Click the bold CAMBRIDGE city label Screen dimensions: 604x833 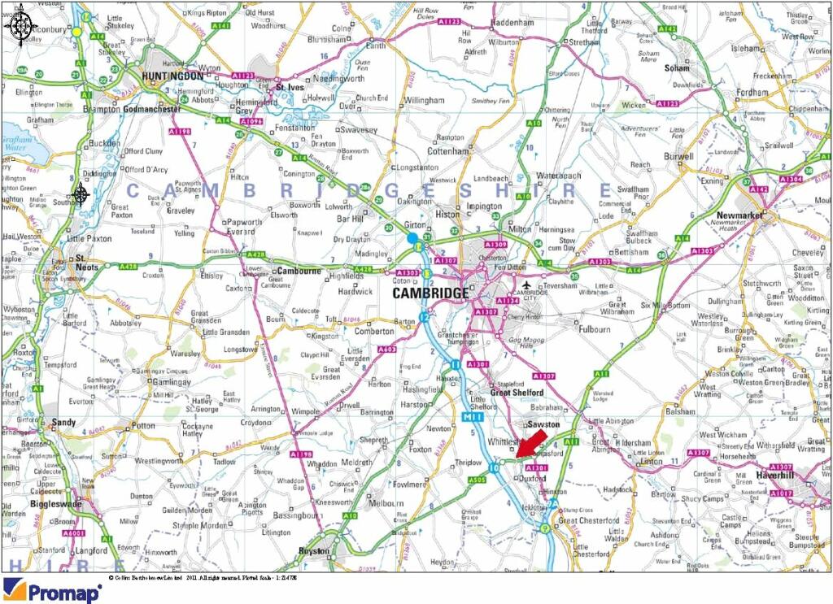(x=430, y=293)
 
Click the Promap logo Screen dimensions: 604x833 (x=52, y=591)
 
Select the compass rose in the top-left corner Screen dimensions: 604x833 (x=19, y=25)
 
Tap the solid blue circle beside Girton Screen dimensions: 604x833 (x=412, y=237)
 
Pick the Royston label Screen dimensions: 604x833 (x=314, y=550)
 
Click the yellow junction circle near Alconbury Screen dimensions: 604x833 (x=76, y=31)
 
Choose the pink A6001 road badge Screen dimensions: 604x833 (x=75, y=533)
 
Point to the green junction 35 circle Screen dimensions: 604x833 (x=575, y=276)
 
